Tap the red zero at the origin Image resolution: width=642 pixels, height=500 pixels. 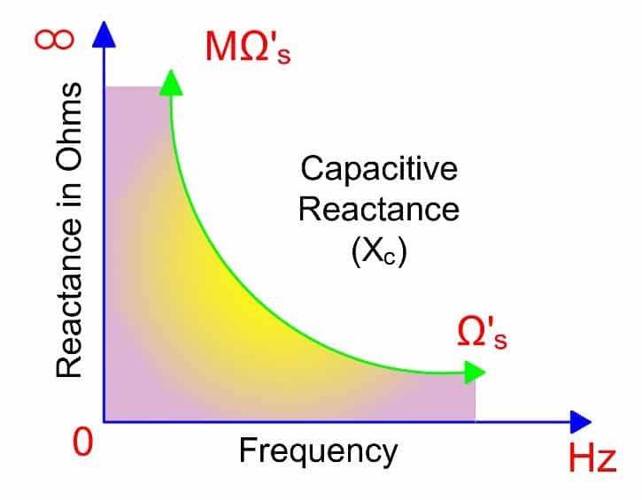(81, 442)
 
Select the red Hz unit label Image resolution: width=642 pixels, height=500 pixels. (592, 460)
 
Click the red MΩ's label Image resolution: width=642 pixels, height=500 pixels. (248, 49)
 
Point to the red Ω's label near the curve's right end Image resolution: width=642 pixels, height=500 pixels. (482, 334)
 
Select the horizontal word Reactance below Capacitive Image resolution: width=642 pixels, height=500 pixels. (378, 210)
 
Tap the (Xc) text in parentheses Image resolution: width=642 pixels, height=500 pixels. (378, 252)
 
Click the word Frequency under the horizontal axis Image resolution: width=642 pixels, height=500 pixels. (318, 451)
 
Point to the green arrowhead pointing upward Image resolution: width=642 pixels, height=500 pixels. (168, 81)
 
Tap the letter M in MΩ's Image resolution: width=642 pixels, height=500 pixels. (223, 49)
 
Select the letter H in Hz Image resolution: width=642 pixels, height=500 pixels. (581, 460)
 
